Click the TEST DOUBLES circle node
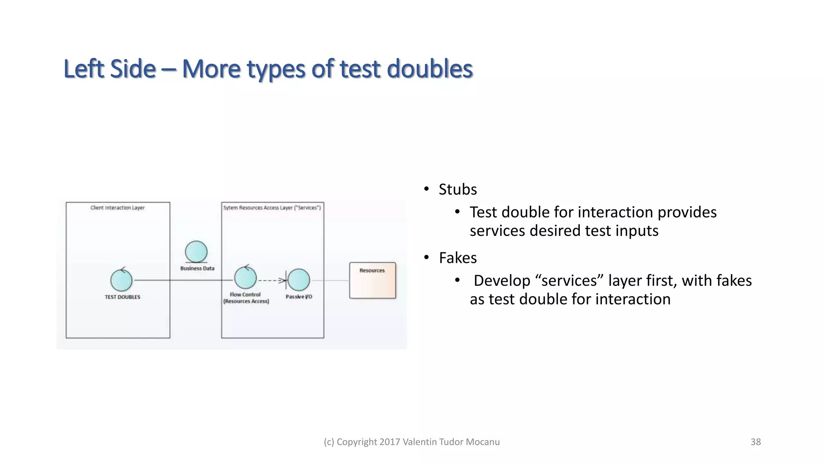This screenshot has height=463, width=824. tap(121, 280)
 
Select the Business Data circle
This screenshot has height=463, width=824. tap(196, 252)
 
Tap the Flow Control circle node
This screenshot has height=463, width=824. tap(245, 278)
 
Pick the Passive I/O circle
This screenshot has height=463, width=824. tap(299, 280)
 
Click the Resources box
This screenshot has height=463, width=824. tap(373, 281)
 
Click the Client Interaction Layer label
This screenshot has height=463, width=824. tap(117, 208)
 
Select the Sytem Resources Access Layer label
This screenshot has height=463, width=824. tap(272, 208)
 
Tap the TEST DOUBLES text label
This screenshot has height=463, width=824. tap(122, 297)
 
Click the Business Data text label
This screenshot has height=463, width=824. tap(197, 268)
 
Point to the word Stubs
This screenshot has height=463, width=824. tap(457, 189)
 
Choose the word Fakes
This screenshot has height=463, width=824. tap(457, 258)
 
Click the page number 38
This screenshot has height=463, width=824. tap(756, 442)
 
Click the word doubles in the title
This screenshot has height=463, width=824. tap(429, 69)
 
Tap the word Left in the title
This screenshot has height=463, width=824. tap(84, 69)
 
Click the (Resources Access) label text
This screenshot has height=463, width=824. tap(246, 301)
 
